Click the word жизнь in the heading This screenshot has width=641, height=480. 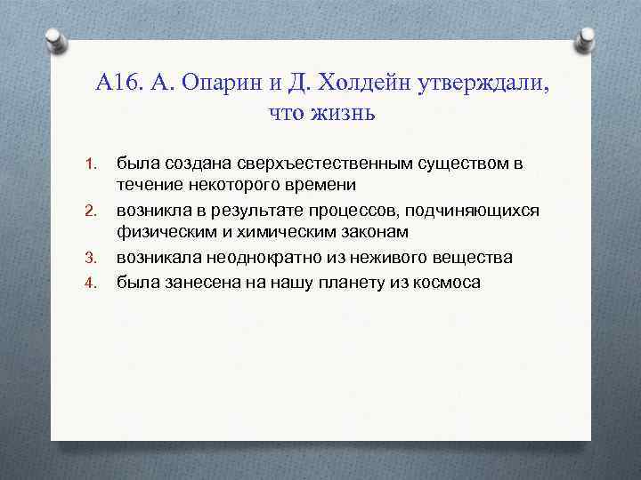tap(346, 113)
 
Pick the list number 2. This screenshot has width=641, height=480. tap(89, 211)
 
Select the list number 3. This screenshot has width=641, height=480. tap(89, 258)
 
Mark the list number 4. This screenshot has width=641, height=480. tap(89, 283)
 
